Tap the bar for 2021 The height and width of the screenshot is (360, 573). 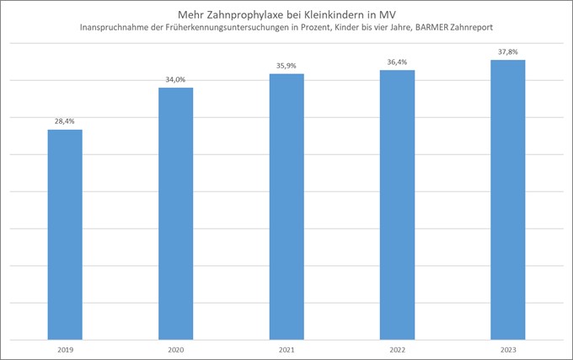pos(286,207)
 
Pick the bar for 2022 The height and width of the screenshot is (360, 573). pos(397,204)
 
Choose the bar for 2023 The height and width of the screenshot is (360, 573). pos(508,199)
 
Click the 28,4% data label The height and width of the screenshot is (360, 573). pos(64,121)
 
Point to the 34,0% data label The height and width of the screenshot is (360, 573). pos(175,79)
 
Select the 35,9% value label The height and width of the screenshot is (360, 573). pos(286,65)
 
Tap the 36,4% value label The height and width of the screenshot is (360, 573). pos(397,61)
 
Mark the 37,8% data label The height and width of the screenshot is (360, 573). pos(508,51)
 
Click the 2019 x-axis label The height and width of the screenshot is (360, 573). pos(64,347)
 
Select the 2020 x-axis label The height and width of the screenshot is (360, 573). pos(175,347)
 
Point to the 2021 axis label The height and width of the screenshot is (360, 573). pos(286,347)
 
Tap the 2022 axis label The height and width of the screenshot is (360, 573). pos(397,347)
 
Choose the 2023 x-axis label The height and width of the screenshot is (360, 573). pos(508,347)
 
